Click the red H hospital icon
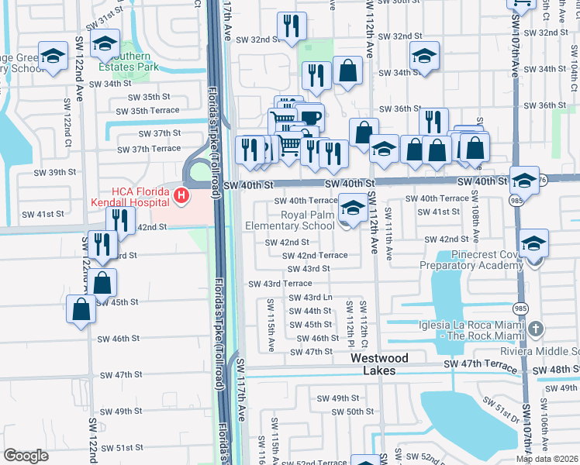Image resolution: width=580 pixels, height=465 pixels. pyautogui.click(x=181, y=196)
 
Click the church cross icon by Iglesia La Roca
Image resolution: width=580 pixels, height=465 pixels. pyautogui.click(x=534, y=330)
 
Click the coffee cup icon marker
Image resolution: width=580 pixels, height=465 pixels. pyautogui.click(x=310, y=118)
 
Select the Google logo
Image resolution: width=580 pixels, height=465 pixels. pyautogui.click(x=26, y=455)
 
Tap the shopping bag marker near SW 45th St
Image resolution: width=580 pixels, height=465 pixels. pyautogui.click(x=81, y=310)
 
